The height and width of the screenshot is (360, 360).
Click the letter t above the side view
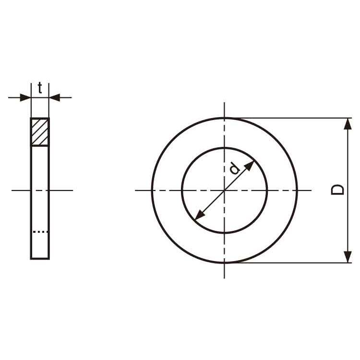40,88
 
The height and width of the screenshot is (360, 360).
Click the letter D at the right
337,190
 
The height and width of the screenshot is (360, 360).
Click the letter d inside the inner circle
235,169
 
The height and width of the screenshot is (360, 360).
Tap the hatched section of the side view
40,132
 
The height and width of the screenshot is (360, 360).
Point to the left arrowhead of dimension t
25,97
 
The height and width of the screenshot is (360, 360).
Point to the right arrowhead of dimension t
55,97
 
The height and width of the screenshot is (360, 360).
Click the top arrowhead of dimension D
348,124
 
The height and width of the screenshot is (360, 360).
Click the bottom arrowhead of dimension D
348,257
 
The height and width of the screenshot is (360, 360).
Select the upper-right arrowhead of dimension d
250,166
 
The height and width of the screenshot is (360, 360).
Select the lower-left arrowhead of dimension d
199,215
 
